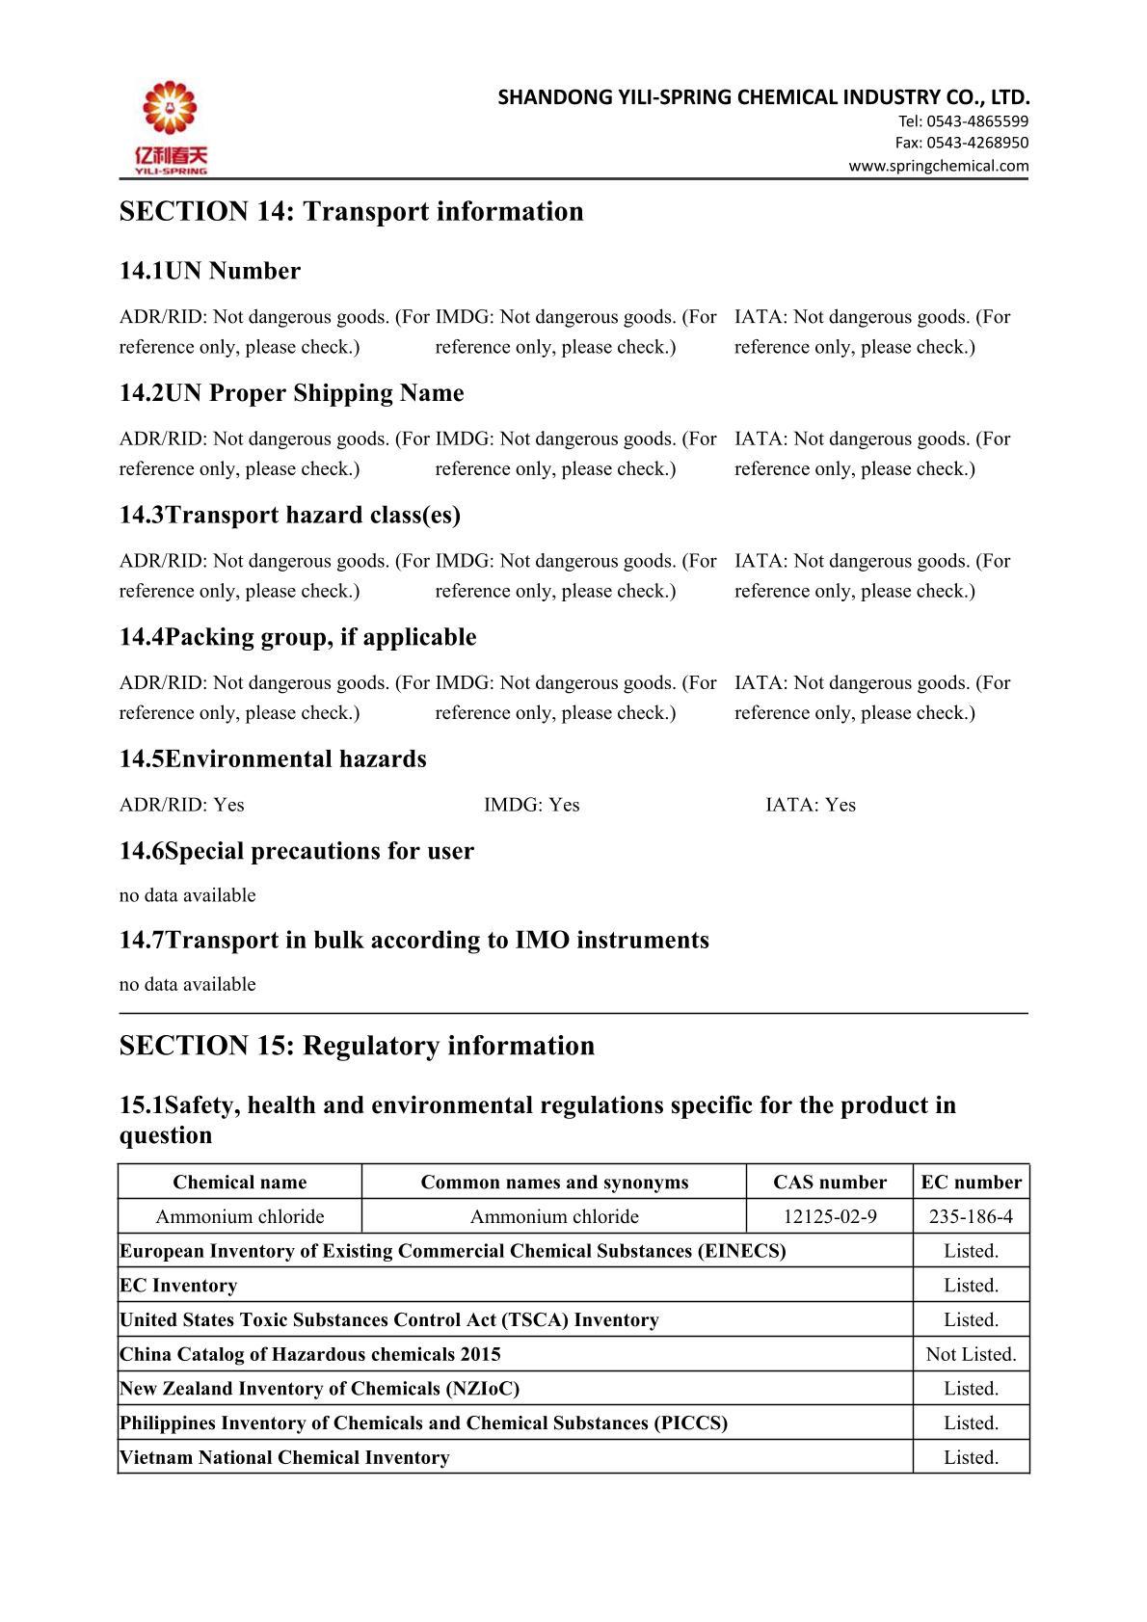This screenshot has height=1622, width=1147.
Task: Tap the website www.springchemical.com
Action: point(938,166)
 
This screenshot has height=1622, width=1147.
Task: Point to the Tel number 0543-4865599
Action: point(963,121)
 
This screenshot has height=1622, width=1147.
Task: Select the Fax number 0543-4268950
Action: point(961,143)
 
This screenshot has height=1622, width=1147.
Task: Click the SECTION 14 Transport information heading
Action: point(351,211)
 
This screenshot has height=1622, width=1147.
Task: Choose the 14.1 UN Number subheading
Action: point(209,271)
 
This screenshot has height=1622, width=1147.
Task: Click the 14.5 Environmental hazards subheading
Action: point(273,759)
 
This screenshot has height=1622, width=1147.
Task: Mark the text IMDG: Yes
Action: point(531,805)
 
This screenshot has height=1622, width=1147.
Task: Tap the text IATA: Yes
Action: point(810,805)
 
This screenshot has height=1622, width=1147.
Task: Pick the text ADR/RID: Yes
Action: point(181,805)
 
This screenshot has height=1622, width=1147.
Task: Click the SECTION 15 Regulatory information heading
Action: point(357,1046)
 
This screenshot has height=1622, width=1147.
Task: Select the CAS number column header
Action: point(829,1183)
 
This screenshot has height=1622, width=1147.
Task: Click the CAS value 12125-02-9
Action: point(829,1216)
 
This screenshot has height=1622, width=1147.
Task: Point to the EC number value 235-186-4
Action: point(971,1216)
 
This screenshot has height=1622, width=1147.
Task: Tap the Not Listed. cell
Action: point(971,1354)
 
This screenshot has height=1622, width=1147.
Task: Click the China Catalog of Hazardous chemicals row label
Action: point(309,1354)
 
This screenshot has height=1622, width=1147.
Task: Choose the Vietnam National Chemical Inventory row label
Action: point(284,1457)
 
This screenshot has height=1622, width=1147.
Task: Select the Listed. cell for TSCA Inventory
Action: point(971,1319)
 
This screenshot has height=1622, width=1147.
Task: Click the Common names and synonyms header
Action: point(554,1183)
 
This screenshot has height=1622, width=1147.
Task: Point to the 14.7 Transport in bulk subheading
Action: point(413,940)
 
